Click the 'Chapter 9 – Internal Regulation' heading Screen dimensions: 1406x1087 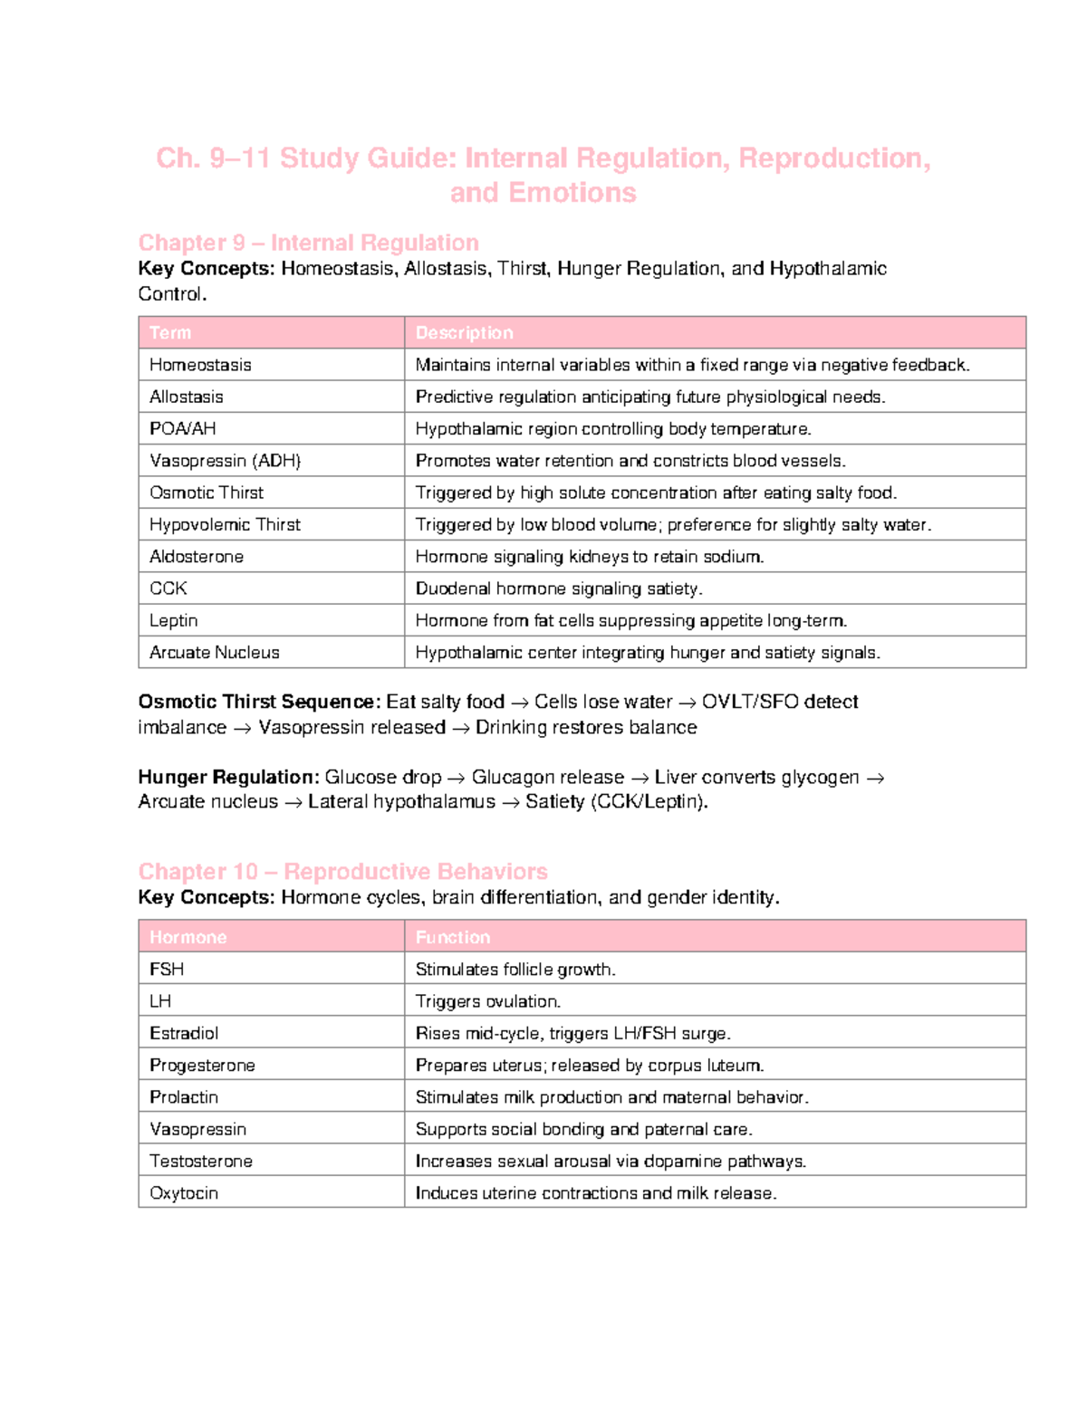tap(308, 243)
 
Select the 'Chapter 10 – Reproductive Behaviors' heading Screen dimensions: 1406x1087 tap(342, 871)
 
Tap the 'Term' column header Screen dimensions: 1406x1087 tap(170, 332)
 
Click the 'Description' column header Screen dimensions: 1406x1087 tap(464, 332)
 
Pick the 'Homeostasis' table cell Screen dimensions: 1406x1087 tap(200, 365)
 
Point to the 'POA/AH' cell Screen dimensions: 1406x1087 tap(182, 428)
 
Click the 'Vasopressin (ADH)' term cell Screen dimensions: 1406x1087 tap(225, 461)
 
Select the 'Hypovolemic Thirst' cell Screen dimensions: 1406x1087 tap(225, 524)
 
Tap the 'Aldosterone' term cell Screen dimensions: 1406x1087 tap(197, 557)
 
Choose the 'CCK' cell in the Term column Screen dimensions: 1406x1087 tap(168, 588)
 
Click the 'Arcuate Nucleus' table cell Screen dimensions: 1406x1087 tap(214, 653)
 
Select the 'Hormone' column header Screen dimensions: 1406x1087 tap(188, 937)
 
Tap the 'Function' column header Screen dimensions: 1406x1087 tap(452, 937)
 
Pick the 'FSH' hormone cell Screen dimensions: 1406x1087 tap(167, 970)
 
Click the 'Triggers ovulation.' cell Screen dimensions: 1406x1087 tap(487, 1001)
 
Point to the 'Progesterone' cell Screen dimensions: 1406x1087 tap(202, 1066)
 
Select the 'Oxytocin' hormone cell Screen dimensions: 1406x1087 tap(184, 1193)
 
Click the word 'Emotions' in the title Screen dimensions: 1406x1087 tap(572, 193)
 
